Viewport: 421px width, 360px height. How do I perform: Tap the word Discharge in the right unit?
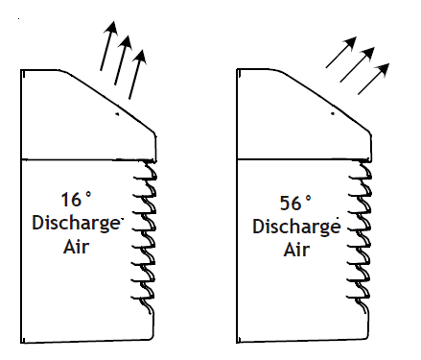coord(296,228)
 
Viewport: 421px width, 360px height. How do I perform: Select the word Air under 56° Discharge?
coord(296,251)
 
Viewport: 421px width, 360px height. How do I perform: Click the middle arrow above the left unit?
coord(122,57)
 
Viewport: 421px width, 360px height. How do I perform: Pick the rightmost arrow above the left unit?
coord(137,71)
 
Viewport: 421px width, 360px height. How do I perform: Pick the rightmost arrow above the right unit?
coord(374,77)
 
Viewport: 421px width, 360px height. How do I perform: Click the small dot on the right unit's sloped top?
coord(333,112)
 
